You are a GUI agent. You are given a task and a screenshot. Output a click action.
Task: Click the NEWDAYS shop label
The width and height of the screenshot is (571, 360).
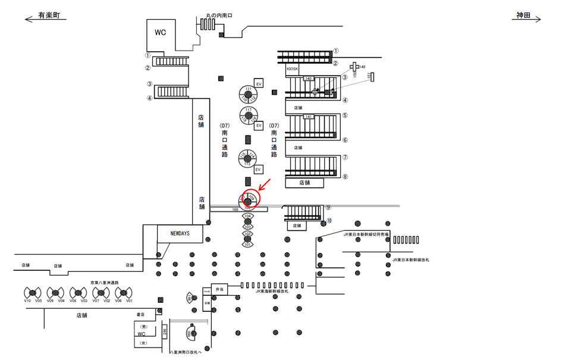[x=180, y=234]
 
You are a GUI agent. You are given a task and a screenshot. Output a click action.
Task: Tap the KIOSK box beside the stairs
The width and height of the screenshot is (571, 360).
[x=292, y=69]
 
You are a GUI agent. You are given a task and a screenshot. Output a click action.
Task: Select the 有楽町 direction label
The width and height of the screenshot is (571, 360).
[x=50, y=16]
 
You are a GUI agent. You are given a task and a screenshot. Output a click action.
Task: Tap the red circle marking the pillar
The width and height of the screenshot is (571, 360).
[x=249, y=200]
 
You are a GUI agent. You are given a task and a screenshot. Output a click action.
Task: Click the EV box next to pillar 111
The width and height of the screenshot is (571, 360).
[x=259, y=84]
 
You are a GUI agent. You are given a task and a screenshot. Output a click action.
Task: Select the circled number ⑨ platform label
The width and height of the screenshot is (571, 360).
[x=328, y=208]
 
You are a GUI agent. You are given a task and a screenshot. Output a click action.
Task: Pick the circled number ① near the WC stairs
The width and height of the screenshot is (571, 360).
[x=148, y=54]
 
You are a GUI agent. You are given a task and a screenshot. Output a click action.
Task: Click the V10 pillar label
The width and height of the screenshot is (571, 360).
[x=27, y=301]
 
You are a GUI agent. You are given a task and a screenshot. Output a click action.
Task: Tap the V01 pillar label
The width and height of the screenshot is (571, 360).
[x=129, y=301]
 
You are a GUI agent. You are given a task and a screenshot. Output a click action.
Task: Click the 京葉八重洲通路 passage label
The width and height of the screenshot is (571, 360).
[x=105, y=283]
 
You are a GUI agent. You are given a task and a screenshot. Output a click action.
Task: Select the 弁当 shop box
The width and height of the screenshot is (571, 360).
[x=219, y=289]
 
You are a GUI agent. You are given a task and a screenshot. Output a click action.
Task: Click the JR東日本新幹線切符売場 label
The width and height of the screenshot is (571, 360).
[x=366, y=234]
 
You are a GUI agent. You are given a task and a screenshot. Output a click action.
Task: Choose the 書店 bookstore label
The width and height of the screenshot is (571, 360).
[x=141, y=314]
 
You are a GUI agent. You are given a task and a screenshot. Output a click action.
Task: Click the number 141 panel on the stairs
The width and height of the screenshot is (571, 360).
[x=309, y=117]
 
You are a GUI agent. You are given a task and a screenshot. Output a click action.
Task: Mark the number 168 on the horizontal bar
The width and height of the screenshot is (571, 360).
[x=236, y=209]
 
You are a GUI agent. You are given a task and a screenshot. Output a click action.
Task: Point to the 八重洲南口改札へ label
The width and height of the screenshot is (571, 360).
[x=186, y=352]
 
